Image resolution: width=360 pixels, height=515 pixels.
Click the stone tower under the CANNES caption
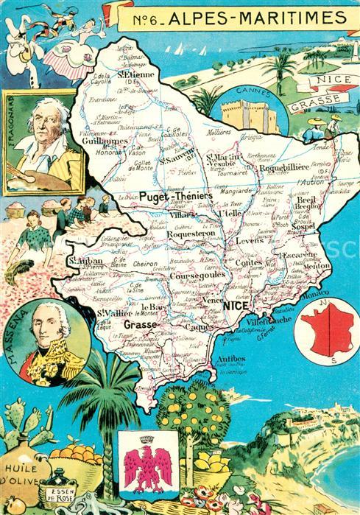coord(249,116)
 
